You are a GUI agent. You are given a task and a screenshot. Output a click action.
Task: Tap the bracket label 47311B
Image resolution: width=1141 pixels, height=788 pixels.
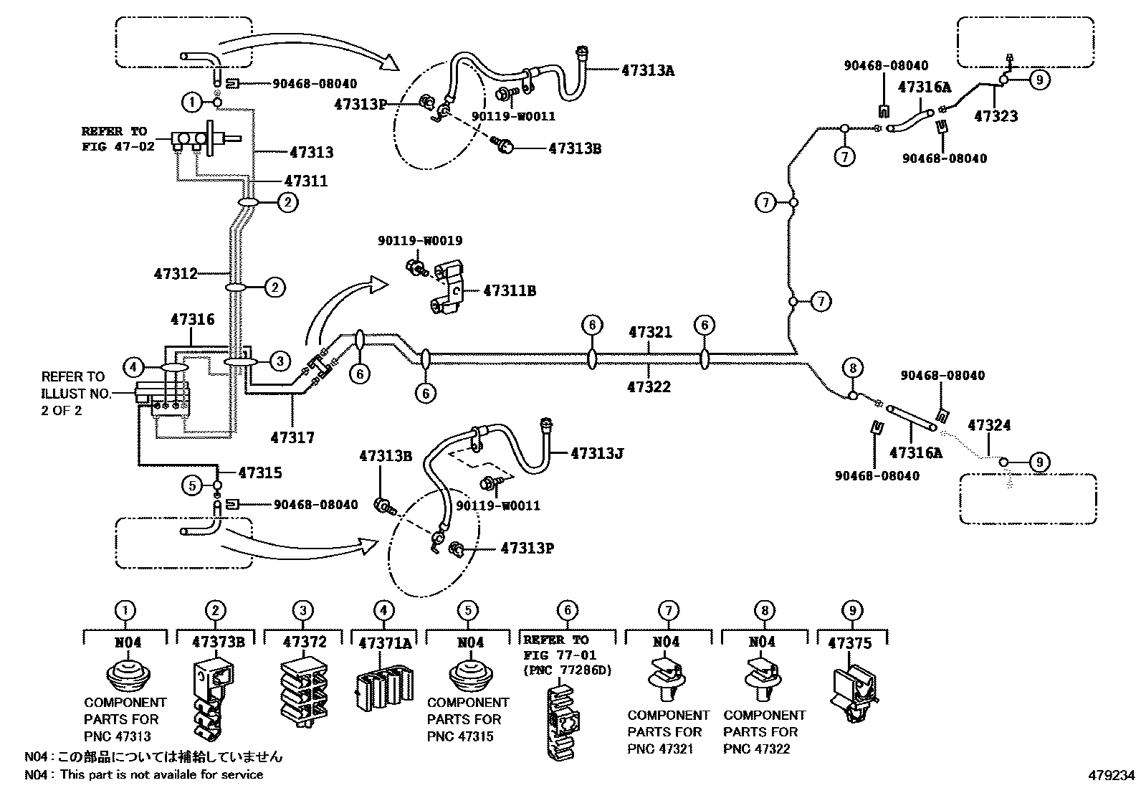[510, 291]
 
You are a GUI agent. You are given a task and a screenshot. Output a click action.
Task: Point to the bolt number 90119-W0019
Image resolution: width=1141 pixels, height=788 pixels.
[420, 241]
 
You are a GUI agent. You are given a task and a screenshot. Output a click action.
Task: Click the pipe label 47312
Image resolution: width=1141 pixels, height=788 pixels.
[175, 273]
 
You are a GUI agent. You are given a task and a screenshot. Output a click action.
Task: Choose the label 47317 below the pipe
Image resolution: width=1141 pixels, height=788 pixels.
[292, 437]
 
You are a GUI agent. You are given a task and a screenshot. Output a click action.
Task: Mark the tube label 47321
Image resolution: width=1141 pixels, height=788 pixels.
[650, 333]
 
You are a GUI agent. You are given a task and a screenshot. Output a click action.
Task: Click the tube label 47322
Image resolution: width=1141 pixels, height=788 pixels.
[649, 387]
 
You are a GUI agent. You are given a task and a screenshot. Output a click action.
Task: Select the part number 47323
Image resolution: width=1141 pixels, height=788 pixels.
[996, 116]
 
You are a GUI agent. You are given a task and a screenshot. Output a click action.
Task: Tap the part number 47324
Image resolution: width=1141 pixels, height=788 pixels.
[989, 425]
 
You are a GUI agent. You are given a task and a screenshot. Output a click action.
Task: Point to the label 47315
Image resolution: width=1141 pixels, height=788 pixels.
[259, 473]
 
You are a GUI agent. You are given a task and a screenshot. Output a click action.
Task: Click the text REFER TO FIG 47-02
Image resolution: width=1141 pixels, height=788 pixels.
[114, 138]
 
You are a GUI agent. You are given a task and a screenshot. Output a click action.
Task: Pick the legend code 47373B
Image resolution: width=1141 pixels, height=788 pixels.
[218, 642]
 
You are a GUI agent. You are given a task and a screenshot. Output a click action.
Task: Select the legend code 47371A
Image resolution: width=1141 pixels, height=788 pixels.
[385, 642]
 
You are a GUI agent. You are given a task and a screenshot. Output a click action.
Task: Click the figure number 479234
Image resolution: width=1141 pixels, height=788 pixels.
[1111, 776]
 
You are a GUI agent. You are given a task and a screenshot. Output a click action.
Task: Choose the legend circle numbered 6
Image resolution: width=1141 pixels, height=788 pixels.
[567, 611]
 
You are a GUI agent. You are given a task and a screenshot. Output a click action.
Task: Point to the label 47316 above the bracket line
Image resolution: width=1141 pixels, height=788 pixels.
[192, 319]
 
